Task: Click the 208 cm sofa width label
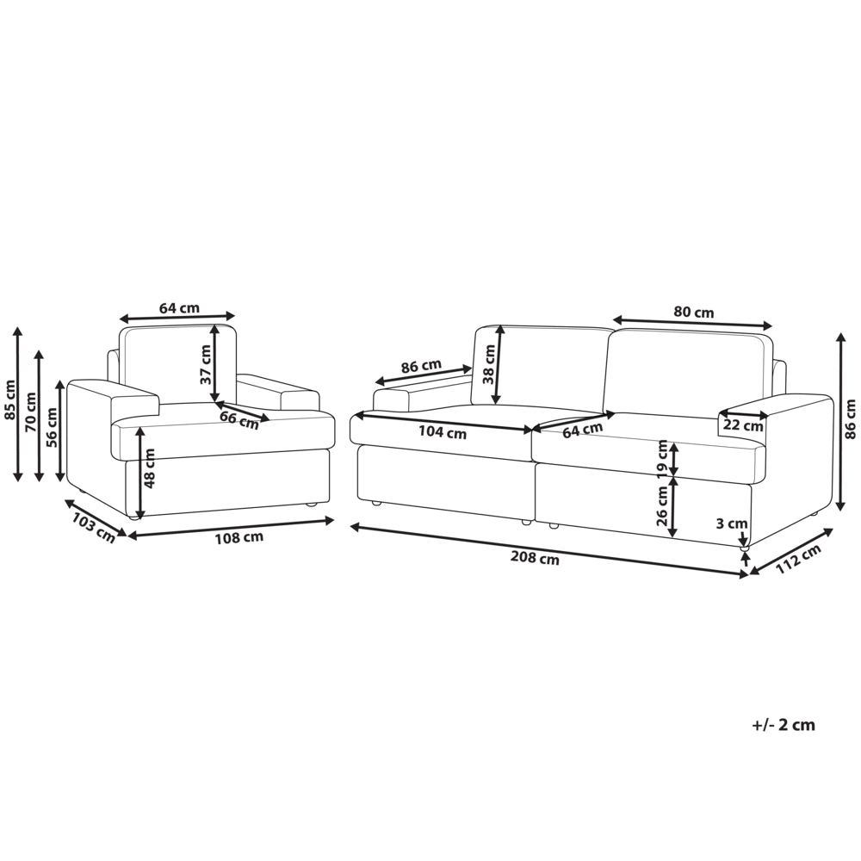(535, 559)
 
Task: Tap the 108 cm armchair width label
(238, 537)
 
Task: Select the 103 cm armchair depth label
(94, 527)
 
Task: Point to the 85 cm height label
(9, 400)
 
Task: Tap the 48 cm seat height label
(149, 468)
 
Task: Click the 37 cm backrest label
(206, 364)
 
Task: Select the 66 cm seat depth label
(238, 420)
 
